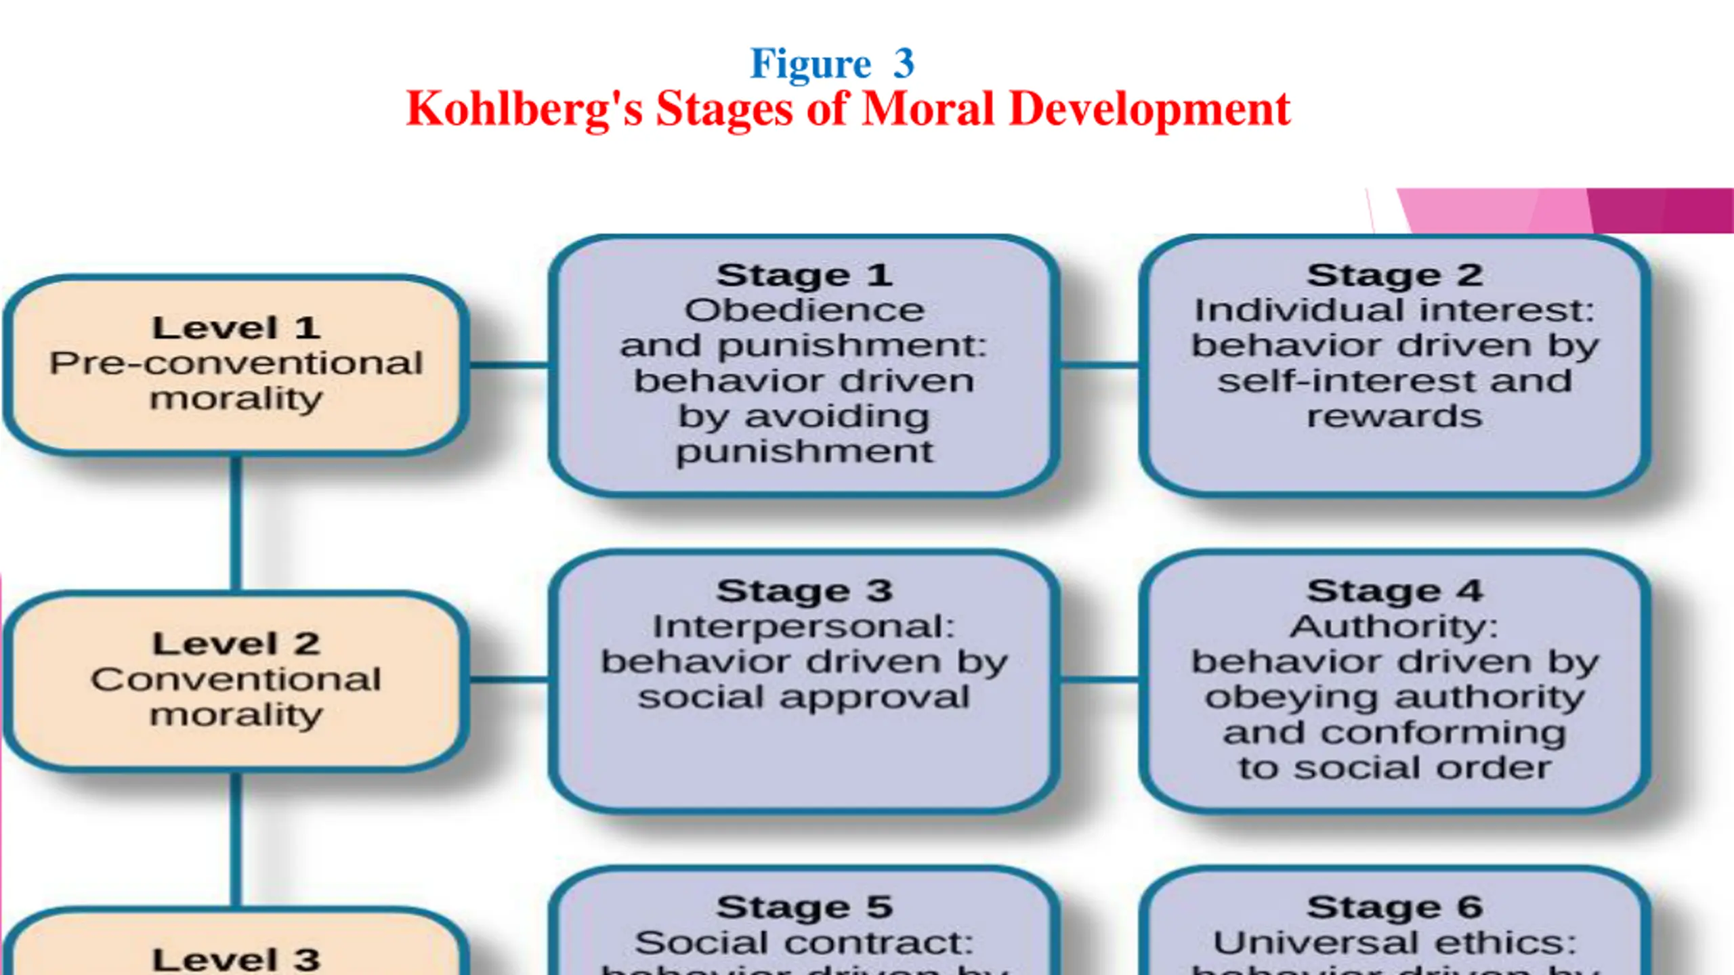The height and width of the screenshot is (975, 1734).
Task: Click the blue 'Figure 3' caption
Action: pos(832,64)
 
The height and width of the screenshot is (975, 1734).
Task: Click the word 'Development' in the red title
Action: pos(1149,110)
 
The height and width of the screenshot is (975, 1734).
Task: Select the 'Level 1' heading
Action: pos(236,328)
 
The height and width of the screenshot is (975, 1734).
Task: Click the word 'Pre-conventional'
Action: pos(236,364)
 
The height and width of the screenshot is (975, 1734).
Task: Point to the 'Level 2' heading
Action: pos(236,644)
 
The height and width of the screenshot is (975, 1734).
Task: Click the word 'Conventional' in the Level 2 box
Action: pos(236,680)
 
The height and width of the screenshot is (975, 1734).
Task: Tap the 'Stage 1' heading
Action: pos(804,276)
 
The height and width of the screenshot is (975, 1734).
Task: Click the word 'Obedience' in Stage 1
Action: pos(804,311)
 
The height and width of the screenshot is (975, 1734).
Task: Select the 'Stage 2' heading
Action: pos(1395,276)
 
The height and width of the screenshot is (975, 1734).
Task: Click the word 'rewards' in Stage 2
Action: pos(1395,416)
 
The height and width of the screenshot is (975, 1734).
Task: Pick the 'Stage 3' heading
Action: pos(804,591)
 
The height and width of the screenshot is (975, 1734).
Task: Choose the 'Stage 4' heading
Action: pos(1395,591)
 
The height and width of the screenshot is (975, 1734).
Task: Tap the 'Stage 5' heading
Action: pos(804,907)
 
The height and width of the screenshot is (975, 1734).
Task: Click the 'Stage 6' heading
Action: pos(1395,907)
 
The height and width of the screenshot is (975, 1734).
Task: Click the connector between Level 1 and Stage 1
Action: pos(508,366)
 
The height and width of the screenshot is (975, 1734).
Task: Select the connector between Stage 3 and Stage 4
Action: pos(1099,679)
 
